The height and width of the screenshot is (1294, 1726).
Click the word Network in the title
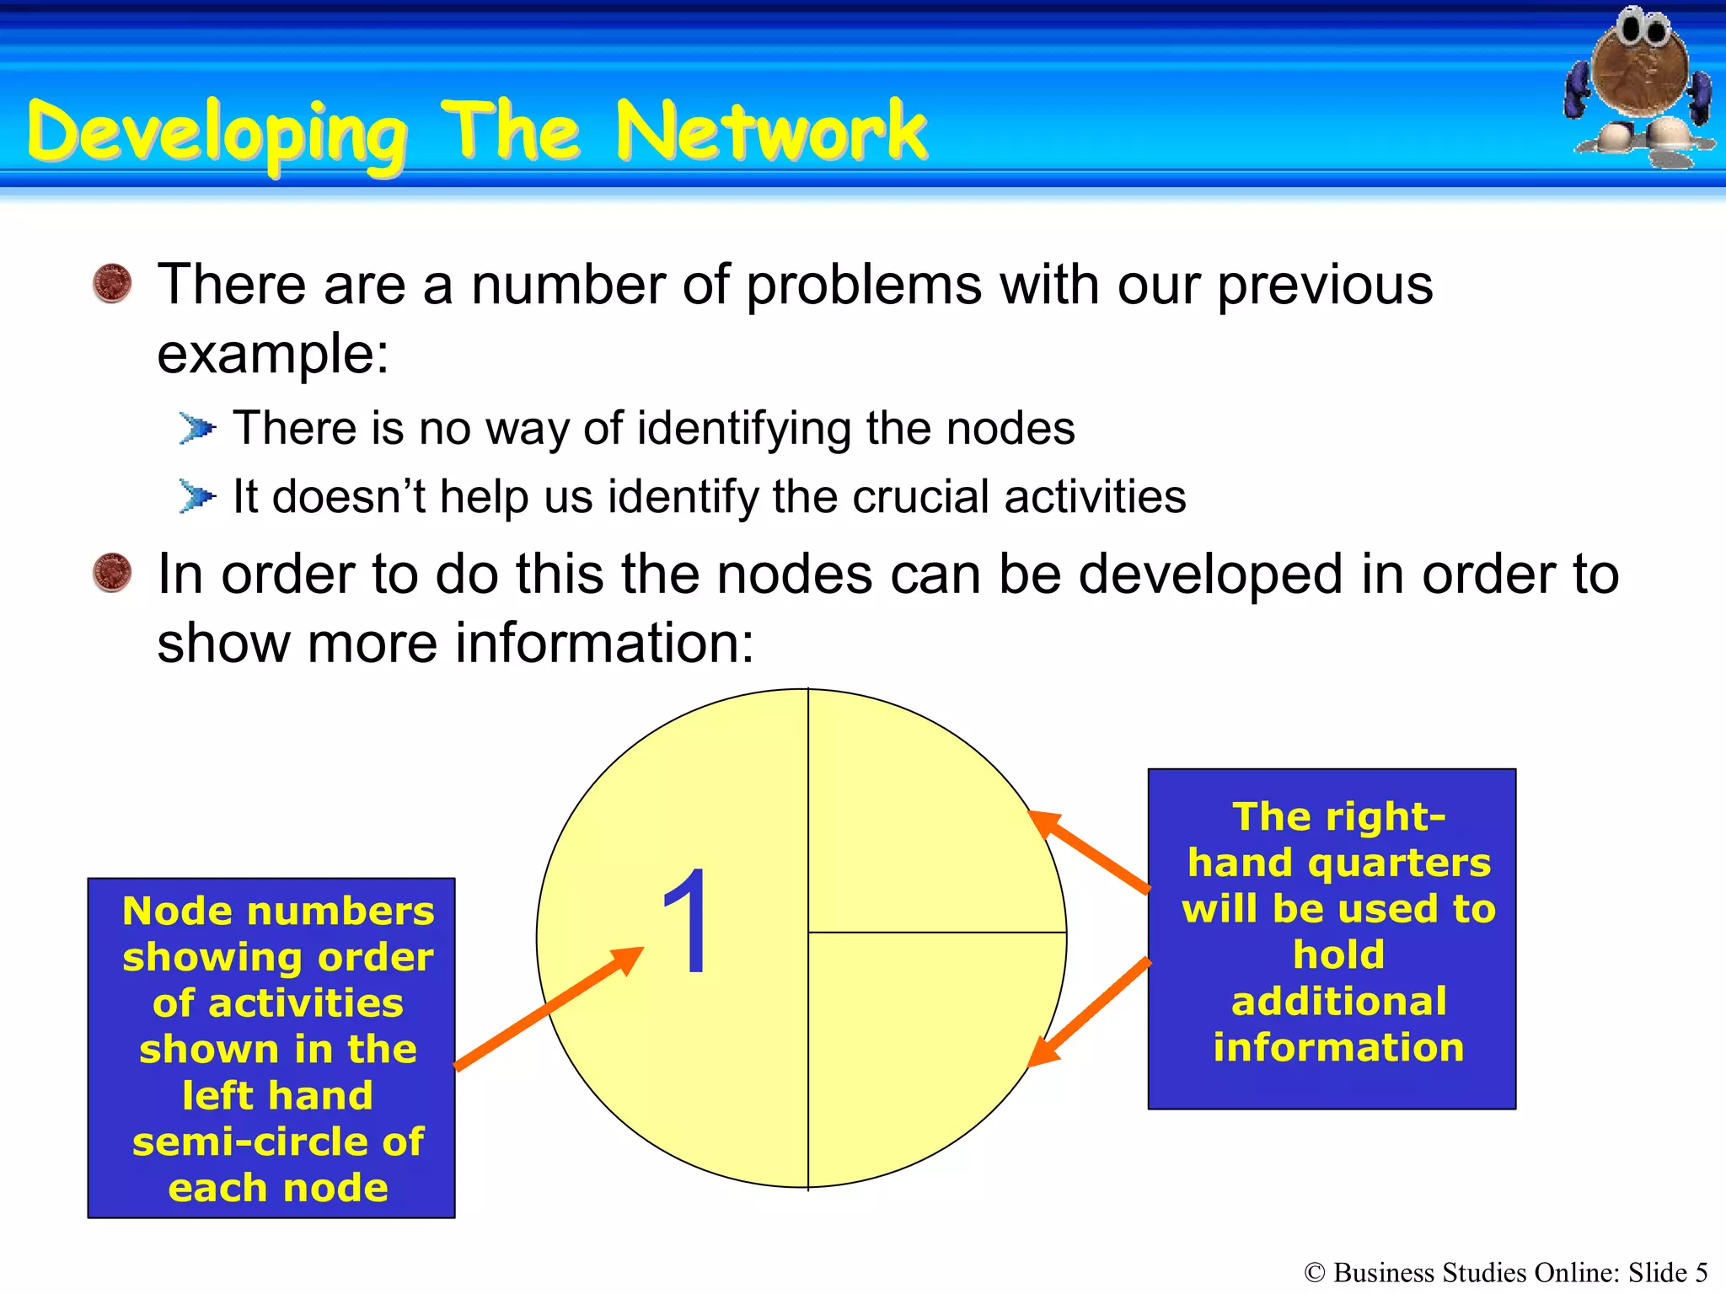[771, 131]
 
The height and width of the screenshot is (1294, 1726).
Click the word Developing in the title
[217, 135]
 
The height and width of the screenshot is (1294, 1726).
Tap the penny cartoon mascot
[1640, 84]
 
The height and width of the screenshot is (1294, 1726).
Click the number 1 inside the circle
[686, 922]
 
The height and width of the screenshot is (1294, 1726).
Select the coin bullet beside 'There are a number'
[112, 283]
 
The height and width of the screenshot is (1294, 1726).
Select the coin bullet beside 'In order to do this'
[112, 573]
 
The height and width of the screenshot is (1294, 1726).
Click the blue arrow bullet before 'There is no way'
[197, 428]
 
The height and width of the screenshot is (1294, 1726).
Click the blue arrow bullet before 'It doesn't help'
[197, 496]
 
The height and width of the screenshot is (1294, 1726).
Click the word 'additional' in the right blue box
[1338, 1002]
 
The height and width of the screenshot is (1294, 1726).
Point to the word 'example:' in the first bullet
[273, 354]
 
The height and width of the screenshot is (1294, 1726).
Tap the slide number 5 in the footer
[1701, 1272]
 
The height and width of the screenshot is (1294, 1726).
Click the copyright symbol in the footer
[1315, 1273]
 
